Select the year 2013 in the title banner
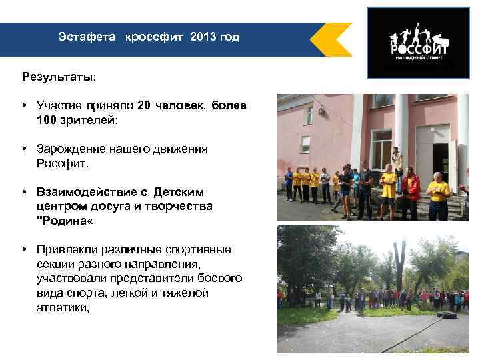click(x=203, y=37)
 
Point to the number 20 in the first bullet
click(x=144, y=105)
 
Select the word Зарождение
click(x=74, y=149)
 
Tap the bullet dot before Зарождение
click(x=23, y=149)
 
